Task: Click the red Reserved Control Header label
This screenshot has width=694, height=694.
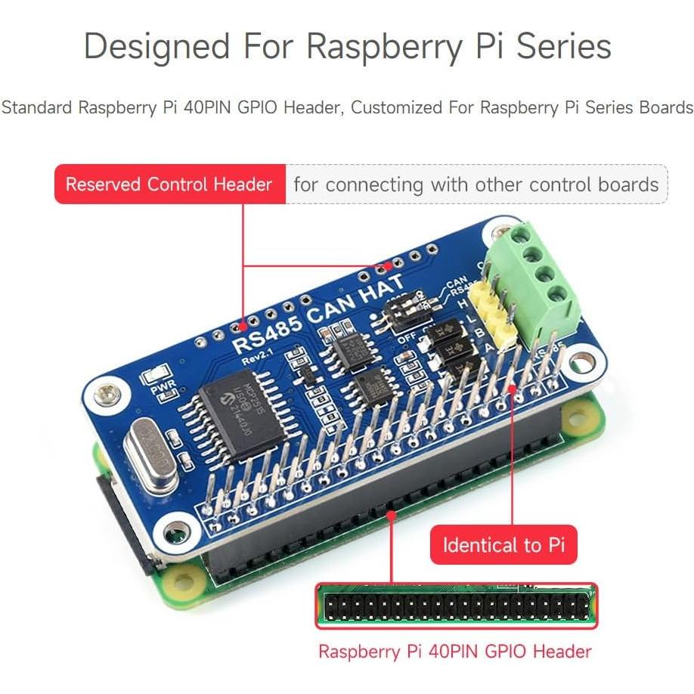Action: (x=169, y=184)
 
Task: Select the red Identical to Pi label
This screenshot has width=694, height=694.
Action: (x=503, y=545)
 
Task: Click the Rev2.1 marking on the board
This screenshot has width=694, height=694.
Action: (x=259, y=358)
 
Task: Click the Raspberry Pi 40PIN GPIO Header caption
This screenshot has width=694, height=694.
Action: (x=455, y=652)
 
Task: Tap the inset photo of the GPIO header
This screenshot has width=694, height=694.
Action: (x=456, y=606)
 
